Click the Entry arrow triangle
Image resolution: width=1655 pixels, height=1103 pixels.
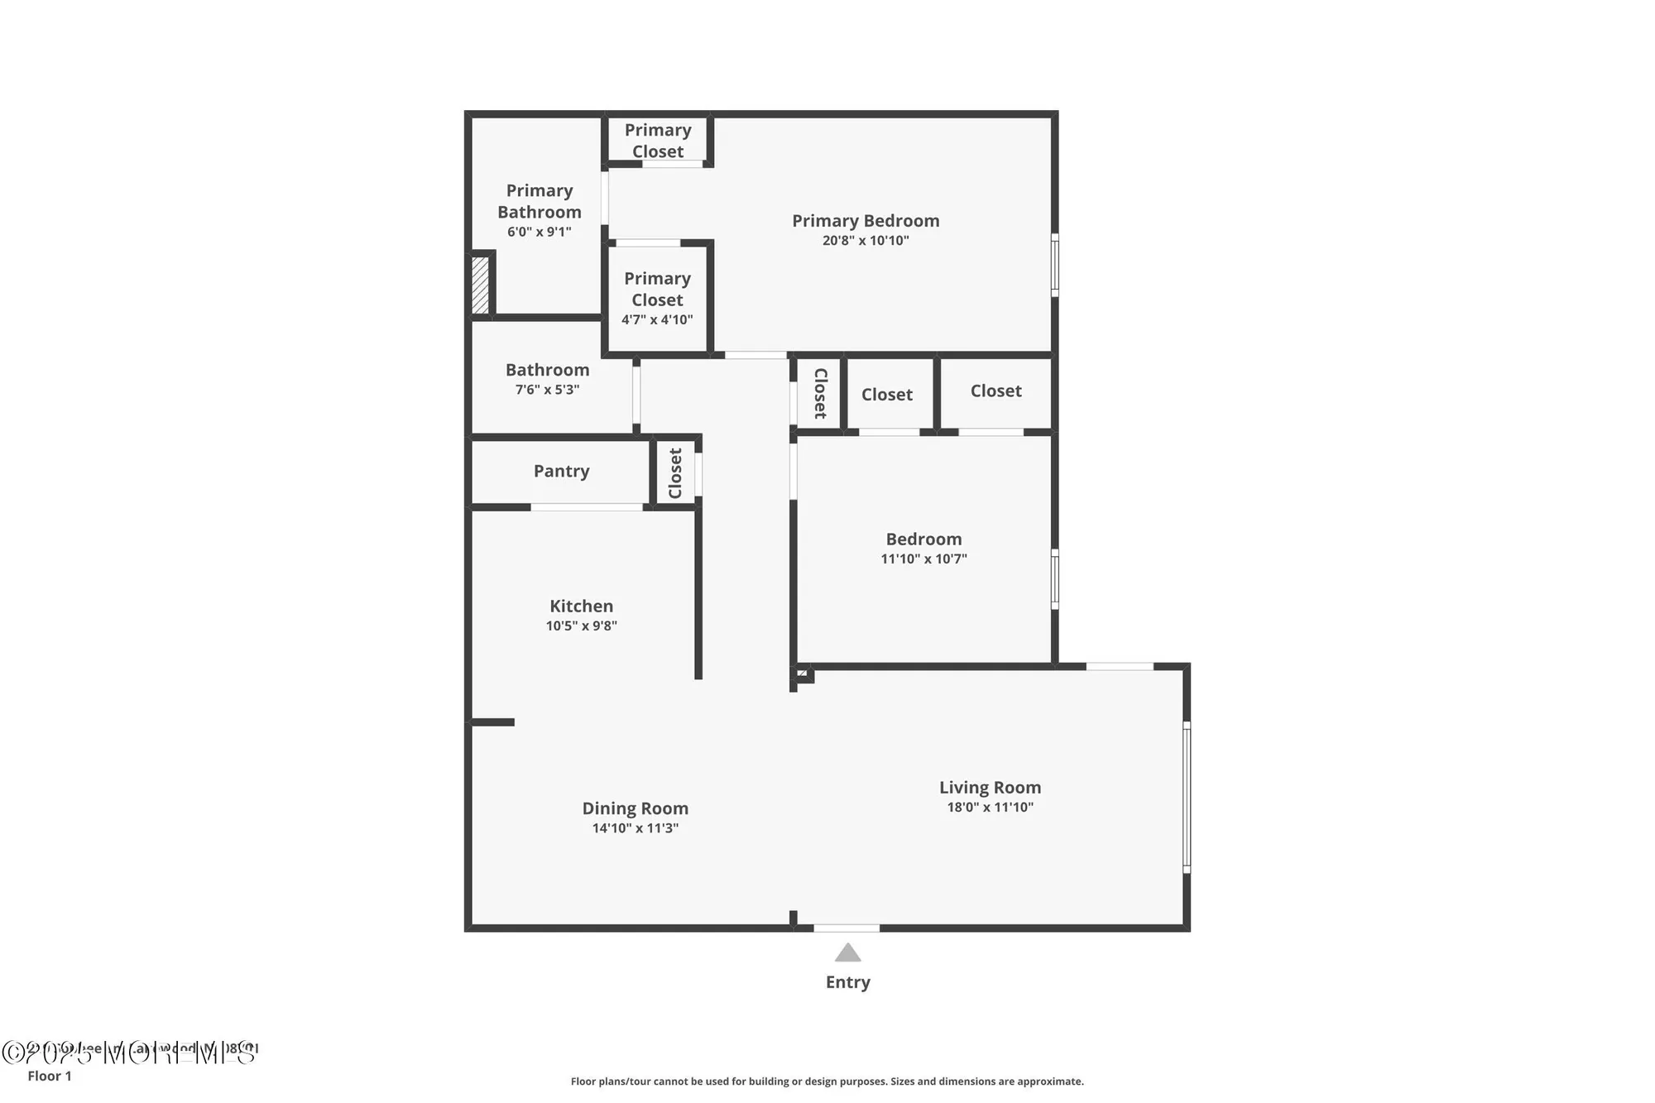(x=847, y=954)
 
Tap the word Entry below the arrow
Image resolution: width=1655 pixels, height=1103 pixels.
(x=847, y=982)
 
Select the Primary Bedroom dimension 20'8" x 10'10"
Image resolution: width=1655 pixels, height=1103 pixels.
(x=866, y=241)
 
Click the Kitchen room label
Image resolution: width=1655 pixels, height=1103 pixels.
(x=581, y=606)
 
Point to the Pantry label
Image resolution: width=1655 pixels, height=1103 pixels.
(x=561, y=471)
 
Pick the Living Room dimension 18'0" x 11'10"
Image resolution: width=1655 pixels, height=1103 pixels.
(x=990, y=808)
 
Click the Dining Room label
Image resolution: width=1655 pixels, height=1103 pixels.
(x=635, y=808)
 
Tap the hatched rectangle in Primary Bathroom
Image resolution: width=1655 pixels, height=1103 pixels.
(x=480, y=285)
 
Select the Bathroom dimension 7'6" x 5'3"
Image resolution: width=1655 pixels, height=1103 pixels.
(x=547, y=390)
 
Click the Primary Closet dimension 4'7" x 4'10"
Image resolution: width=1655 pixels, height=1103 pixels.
(x=657, y=320)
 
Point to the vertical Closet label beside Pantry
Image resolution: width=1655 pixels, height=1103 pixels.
(x=675, y=473)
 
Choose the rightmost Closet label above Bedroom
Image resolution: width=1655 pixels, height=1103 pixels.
(x=995, y=391)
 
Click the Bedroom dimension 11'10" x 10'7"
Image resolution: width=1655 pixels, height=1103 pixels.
(x=923, y=559)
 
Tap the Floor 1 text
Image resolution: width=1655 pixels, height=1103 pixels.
(x=50, y=1076)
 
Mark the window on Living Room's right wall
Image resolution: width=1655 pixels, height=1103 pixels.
(x=1186, y=797)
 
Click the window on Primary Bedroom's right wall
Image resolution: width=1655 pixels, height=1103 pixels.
(x=1054, y=265)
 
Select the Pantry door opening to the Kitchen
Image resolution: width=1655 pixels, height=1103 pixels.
(x=587, y=506)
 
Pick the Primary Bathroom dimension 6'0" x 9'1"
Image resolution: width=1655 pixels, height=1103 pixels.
(x=539, y=233)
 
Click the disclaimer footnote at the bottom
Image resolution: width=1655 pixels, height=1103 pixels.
(x=827, y=1081)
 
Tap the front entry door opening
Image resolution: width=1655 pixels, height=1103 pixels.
(x=846, y=928)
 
